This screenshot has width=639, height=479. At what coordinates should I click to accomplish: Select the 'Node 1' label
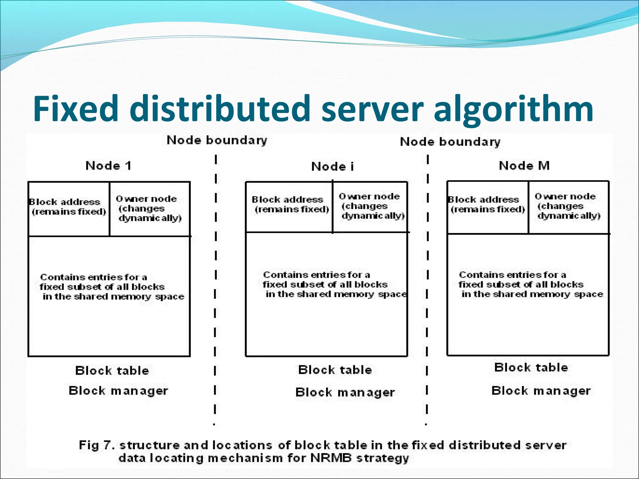point(108,166)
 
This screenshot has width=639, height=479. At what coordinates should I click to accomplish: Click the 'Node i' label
point(333,167)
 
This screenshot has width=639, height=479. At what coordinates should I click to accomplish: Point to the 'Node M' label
point(524,166)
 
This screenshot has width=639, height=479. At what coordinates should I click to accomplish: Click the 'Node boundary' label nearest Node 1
point(217,140)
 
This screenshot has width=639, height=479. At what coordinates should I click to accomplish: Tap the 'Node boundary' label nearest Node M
point(450,142)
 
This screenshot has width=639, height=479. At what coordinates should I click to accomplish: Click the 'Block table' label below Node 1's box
point(112,370)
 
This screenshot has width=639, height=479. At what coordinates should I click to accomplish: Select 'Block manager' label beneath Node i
point(345,392)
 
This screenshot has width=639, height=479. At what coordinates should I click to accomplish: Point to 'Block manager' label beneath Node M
point(541,390)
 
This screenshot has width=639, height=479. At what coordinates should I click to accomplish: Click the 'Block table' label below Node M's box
point(531,367)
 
